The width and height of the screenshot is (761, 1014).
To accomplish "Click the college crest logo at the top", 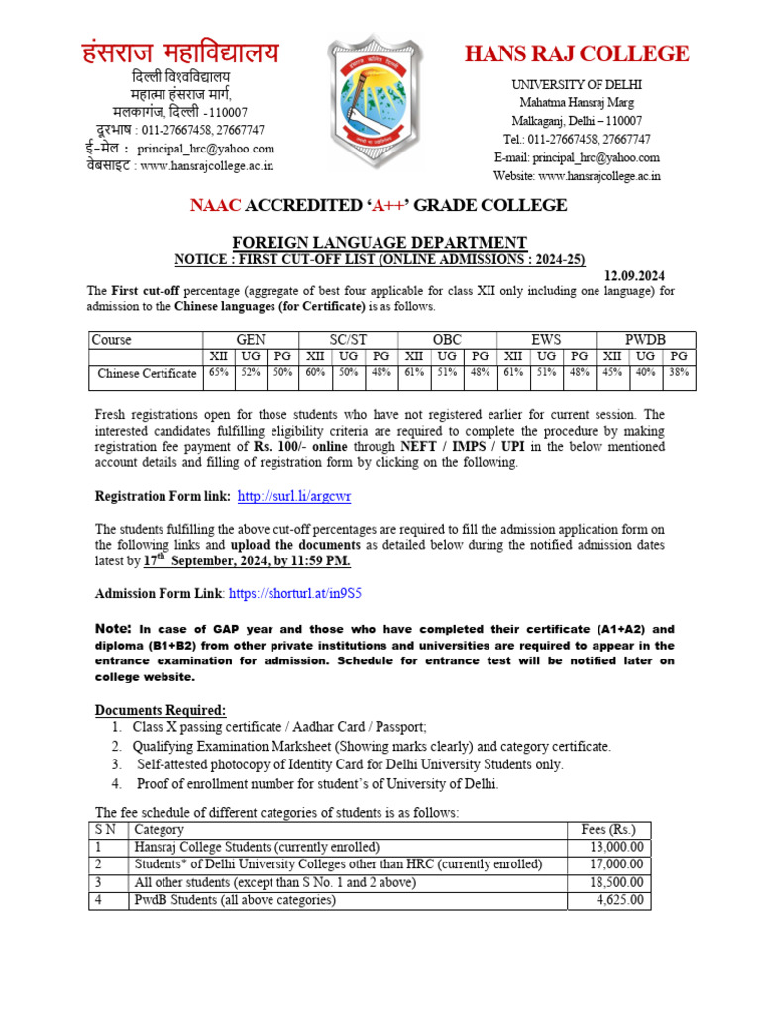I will (380, 102).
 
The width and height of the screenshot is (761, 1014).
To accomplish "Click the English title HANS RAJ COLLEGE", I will (577, 53).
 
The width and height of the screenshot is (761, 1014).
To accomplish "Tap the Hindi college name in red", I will (180, 52).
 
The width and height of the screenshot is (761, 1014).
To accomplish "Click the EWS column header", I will (546, 340).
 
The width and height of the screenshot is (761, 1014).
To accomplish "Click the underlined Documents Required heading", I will (161, 710).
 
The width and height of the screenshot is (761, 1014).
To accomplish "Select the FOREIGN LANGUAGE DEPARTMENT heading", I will (380, 242).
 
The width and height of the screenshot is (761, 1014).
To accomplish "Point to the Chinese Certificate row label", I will (147, 373).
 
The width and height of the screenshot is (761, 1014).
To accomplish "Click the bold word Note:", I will (112, 629).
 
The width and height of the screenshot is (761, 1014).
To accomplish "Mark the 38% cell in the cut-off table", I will (679, 373).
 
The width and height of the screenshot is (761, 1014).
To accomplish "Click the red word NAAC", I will (215, 205).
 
